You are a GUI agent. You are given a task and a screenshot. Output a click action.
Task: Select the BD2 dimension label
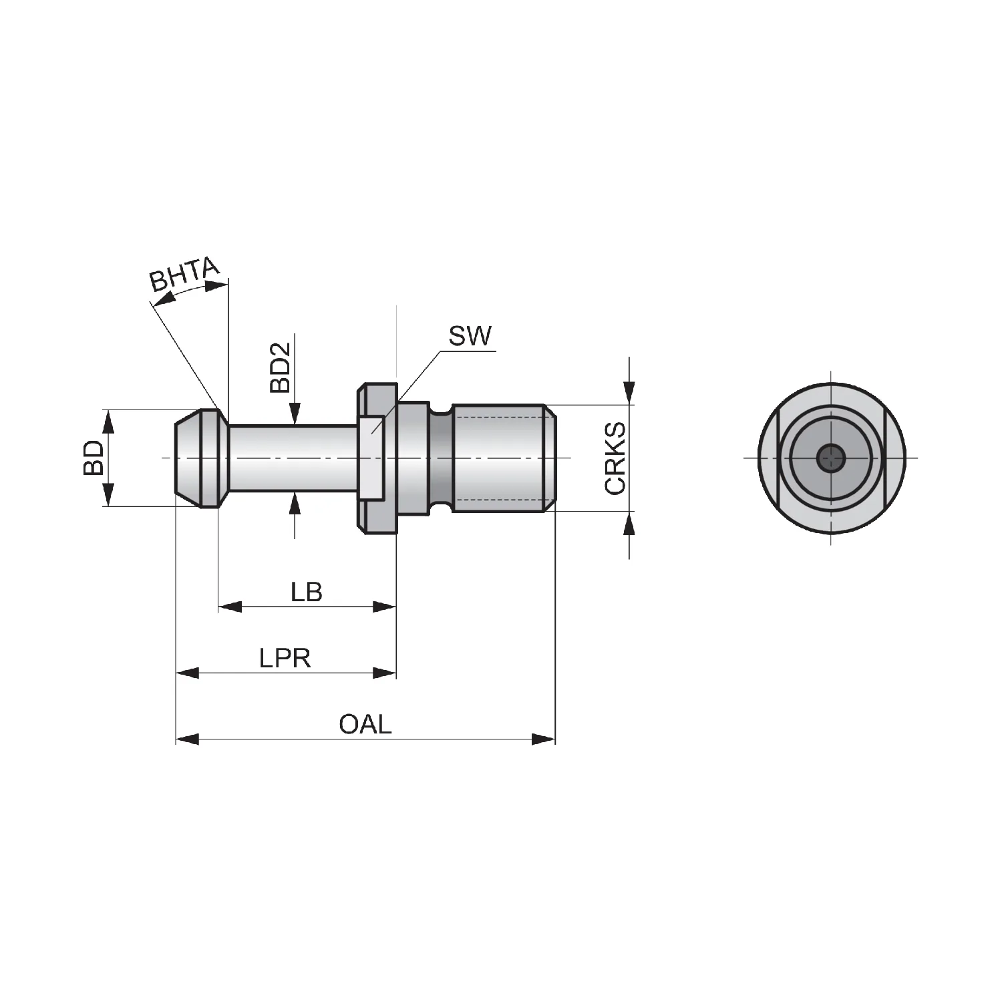pyautogui.click(x=281, y=367)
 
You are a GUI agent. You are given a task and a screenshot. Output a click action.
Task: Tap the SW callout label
pyautogui.click(x=470, y=336)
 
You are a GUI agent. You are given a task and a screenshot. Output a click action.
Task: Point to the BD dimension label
pyautogui.click(x=94, y=458)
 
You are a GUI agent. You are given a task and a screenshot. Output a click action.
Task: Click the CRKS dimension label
pyautogui.click(x=615, y=458)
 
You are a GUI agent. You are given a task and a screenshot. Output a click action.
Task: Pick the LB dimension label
pyautogui.click(x=307, y=592)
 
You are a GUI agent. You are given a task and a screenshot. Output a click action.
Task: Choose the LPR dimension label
pyautogui.click(x=285, y=659)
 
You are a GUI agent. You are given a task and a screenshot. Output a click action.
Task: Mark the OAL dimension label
pyautogui.click(x=365, y=724)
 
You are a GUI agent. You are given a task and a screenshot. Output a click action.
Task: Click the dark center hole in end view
pyautogui.click(x=831, y=458)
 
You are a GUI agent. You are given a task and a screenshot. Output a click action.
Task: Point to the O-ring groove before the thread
pyautogui.click(x=440, y=458)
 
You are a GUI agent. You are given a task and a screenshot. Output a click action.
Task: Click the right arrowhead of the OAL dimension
pyautogui.click(x=544, y=739)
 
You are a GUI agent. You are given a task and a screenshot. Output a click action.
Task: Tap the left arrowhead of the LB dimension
pyautogui.click(x=230, y=607)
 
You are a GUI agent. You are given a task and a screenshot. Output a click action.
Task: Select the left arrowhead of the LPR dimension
pyautogui.click(x=188, y=672)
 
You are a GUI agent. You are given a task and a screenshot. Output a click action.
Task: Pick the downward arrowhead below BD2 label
pyautogui.click(x=294, y=413)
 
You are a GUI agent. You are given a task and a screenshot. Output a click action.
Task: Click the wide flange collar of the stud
pyautogui.click(x=377, y=458)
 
